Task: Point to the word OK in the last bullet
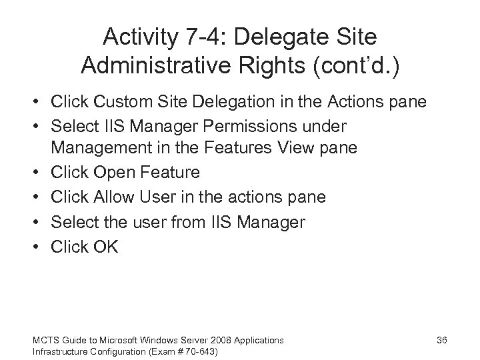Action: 105,247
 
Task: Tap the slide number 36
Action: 441,341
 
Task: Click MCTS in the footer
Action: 43,341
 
